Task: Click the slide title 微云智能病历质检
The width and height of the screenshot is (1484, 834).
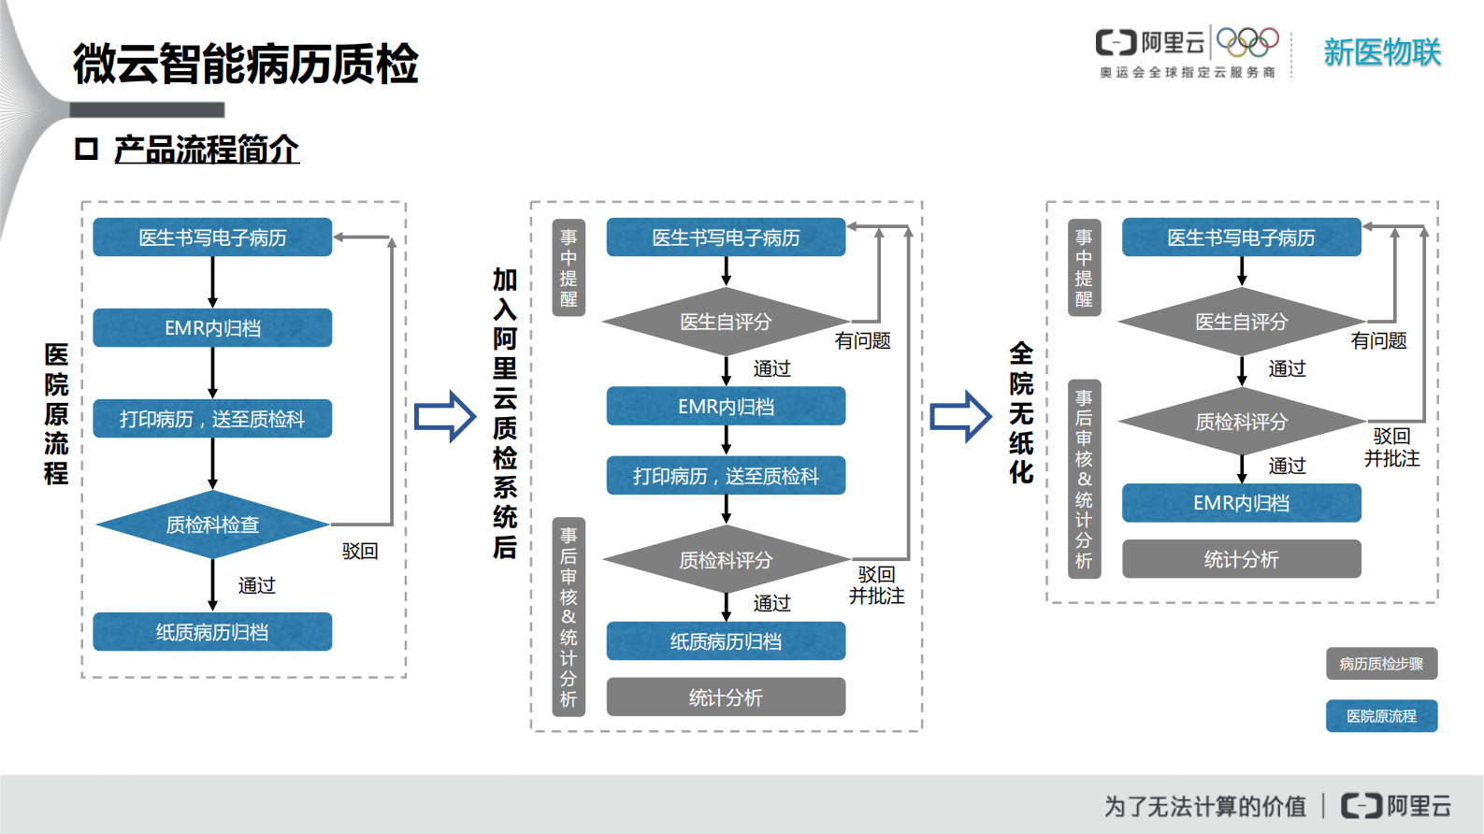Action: point(245,64)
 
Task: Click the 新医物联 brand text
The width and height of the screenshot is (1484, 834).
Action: point(1381,52)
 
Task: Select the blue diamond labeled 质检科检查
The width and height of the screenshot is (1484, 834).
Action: point(212,525)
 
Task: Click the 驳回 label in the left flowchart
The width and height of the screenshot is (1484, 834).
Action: point(359,552)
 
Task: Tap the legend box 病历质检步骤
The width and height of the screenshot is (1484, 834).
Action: point(1380,664)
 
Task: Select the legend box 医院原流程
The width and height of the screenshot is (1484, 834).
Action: point(1380,716)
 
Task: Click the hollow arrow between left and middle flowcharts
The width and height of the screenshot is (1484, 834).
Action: point(445,416)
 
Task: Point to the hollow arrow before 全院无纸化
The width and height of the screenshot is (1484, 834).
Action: point(960,416)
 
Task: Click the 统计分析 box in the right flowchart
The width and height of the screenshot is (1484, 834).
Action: point(1241,559)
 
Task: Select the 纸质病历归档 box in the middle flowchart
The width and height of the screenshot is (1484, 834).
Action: point(726,641)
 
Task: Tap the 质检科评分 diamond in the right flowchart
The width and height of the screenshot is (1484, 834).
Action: point(1241,422)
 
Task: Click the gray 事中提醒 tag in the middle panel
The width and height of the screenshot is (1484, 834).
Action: point(569,268)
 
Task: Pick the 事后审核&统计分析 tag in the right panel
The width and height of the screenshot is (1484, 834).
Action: point(1084,479)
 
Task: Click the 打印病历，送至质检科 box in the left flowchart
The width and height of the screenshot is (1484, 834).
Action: point(212,419)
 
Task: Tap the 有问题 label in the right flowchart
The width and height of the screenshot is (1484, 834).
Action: point(1378,341)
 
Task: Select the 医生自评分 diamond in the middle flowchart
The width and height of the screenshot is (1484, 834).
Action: point(726,322)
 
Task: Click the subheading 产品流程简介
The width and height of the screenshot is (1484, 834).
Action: point(206,150)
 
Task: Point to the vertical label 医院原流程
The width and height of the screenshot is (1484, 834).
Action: point(56,413)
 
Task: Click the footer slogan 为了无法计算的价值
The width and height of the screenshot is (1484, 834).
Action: point(1204,806)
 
